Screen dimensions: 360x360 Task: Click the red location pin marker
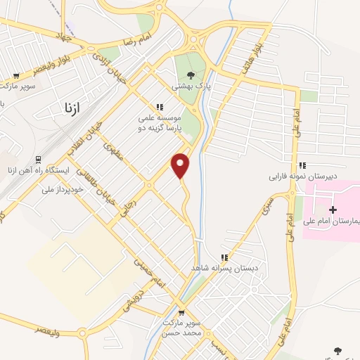click(x=181, y=165)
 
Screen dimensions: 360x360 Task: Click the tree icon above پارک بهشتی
click(x=191, y=75)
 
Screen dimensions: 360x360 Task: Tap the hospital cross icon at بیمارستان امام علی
click(x=333, y=210)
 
